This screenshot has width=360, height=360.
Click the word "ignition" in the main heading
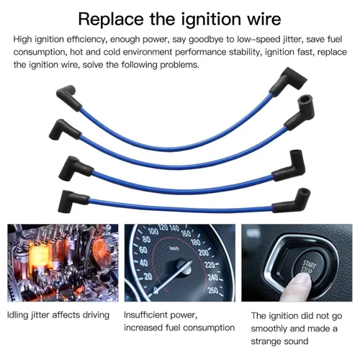210,19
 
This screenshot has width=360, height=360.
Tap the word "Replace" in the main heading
111,19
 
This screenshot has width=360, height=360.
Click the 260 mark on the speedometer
213,290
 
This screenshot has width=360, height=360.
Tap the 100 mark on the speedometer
153,231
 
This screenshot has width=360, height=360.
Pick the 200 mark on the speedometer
204,253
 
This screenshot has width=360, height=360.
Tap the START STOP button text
308,267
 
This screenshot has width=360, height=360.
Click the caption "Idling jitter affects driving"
58,315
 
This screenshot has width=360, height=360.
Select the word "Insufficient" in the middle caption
147,315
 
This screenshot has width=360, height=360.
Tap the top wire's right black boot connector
287,81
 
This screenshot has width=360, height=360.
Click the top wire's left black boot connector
68,97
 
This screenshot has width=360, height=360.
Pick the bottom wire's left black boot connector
73,201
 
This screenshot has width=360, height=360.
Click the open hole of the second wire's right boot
306,99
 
